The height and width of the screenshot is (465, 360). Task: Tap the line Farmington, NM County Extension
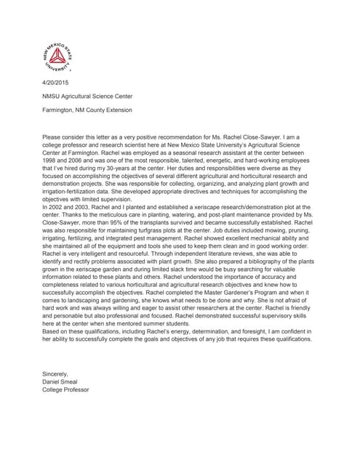point(87,110)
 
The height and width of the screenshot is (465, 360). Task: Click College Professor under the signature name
point(66,389)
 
